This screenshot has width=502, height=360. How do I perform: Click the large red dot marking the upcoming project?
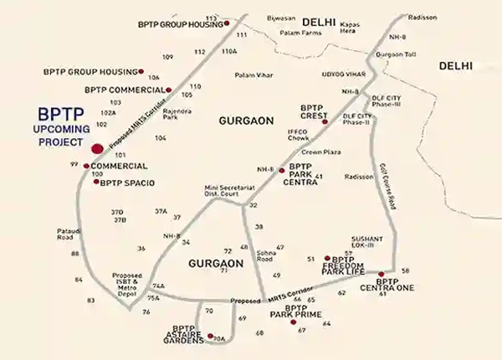pyautogui.click(x=97, y=149)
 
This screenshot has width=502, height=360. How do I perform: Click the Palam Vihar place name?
pyautogui.click(x=253, y=74)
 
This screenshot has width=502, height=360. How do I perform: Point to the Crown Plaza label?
pyautogui.click(x=318, y=152)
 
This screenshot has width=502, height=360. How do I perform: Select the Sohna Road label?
pyautogui.click(x=264, y=255)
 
